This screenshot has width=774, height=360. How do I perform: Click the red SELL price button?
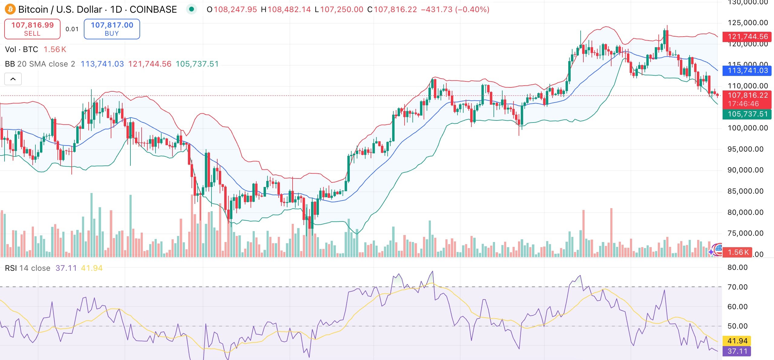[x=32, y=29]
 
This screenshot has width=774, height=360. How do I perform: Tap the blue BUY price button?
[x=112, y=29]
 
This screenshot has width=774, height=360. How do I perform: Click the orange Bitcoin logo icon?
[x=10, y=9]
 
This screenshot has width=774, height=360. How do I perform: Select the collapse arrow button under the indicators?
[x=13, y=79]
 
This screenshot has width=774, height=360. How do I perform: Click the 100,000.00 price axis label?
[x=748, y=128]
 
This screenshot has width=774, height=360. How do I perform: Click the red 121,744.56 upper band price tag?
[x=747, y=37]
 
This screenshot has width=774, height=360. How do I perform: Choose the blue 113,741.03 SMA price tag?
[x=747, y=70]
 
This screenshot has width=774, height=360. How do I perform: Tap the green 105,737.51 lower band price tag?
[x=747, y=114]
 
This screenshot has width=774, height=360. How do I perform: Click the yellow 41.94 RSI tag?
[x=737, y=341]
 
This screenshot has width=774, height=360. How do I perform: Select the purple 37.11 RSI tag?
[x=737, y=351]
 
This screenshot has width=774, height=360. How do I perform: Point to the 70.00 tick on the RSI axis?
[x=737, y=287]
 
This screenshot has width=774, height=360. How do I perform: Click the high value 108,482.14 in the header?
[x=289, y=9]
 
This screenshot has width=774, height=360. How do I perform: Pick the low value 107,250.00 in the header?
[x=342, y=9]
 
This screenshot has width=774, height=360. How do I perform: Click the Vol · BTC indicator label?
[x=21, y=49]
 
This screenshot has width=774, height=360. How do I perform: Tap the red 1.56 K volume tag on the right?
[x=738, y=252]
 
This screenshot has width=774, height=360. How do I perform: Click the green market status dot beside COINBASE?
[x=191, y=9]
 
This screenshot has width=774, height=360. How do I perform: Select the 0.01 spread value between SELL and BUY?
[x=72, y=29]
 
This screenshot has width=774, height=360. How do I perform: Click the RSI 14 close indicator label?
[x=28, y=268]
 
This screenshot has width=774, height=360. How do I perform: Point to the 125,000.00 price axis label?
[x=748, y=23]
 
